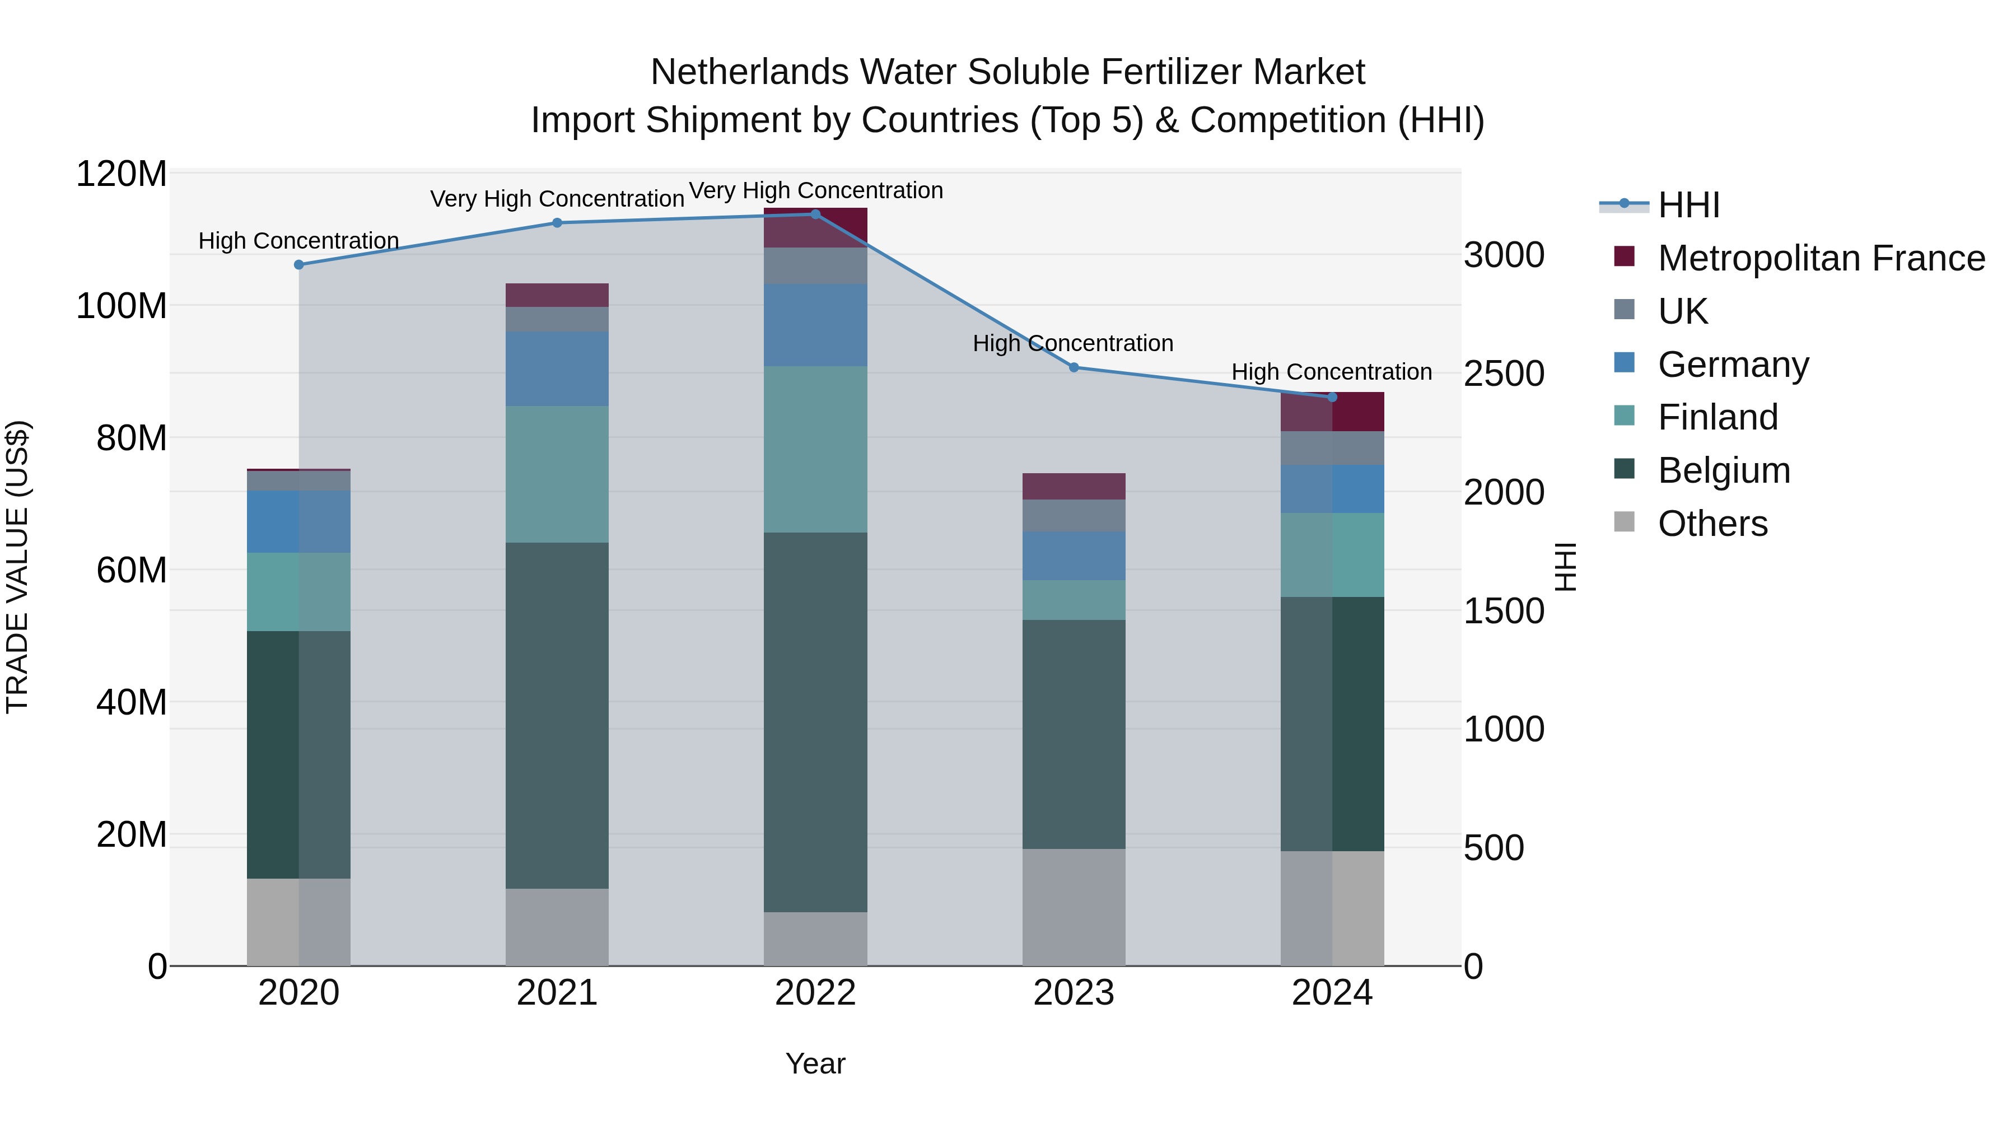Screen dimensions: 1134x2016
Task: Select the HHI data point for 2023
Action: tap(1074, 367)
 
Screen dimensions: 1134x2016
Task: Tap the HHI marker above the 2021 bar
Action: tap(557, 223)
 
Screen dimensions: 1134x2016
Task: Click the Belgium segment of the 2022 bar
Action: tap(815, 722)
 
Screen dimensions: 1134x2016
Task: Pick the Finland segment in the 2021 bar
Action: tap(557, 474)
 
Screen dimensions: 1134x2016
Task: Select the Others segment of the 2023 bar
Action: tap(1074, 907)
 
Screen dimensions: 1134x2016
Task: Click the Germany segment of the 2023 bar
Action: tap(1074, 556)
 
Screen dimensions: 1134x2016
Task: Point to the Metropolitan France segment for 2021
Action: tap(557, 295)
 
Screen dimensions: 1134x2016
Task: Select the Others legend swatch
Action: tap(1625, 522)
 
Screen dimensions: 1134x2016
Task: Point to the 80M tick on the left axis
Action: tap(132, 438)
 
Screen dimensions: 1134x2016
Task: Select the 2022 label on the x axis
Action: tap(815, 993)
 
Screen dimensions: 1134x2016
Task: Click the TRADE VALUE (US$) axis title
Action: tap(17, 567)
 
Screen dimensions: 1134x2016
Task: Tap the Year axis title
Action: tap(815, 1063)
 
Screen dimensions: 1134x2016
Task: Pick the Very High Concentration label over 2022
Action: tap(815, 190)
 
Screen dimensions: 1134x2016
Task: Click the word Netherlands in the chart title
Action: tap(749, 72)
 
